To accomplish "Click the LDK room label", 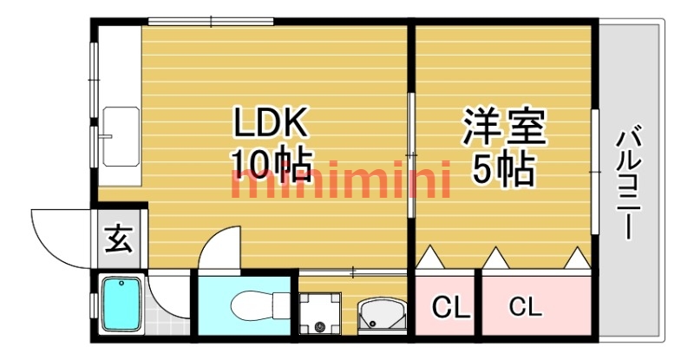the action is (x=271, y=122).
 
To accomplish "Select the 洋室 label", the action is (x=504, y=125).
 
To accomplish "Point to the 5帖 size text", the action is (x=504, y=170).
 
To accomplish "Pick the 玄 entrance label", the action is (x=119, y=239).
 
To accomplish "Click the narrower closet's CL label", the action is (x=450, y=308).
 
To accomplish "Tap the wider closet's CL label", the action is (x=526, y=306).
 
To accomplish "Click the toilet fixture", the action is (x=259, y=304).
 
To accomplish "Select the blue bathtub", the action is (x=122, y=304).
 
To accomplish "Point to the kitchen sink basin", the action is (x=121, y=136).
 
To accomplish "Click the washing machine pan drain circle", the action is (x=320, y=328).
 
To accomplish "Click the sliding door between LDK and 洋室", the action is (x=410, y=155).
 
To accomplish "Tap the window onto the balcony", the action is (x=595, y=171).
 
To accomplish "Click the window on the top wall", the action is (x=211, y=21).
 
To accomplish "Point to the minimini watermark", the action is (x=340, y=180).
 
